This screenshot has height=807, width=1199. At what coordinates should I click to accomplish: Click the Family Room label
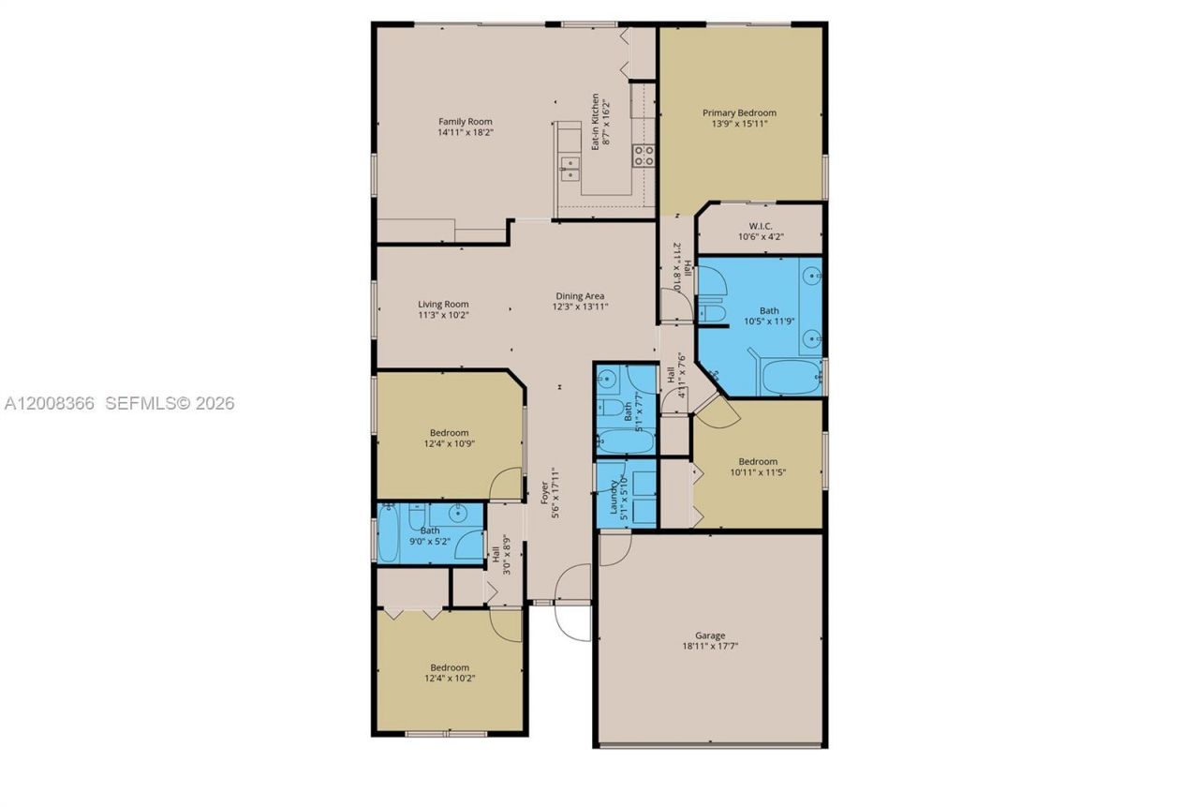[466, 121]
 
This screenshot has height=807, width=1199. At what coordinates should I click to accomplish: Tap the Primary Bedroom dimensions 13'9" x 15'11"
[740, 124]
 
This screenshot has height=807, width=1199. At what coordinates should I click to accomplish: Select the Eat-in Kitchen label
[595, 122]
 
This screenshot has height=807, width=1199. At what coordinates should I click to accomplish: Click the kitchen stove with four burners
[643, 156]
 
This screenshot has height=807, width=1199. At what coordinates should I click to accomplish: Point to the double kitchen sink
[570, 169]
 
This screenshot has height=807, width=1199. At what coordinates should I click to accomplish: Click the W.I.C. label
[759, 225]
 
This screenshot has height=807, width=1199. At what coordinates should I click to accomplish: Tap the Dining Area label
[581, 296]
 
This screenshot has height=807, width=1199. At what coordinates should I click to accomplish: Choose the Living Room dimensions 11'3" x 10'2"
[443, 316]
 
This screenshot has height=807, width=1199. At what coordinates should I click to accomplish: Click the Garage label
[710, 635]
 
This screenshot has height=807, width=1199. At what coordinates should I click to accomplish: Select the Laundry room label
[615, 497]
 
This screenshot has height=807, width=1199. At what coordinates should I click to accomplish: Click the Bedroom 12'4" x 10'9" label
[450, 433]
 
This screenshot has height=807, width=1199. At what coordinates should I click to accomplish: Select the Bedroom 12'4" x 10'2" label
[450, 667]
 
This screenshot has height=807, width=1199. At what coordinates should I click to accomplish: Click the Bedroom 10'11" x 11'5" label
[758, 461]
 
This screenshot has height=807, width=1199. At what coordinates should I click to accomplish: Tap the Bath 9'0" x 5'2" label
[429, 531]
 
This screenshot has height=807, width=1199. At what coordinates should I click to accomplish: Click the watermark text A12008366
[50, 404]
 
